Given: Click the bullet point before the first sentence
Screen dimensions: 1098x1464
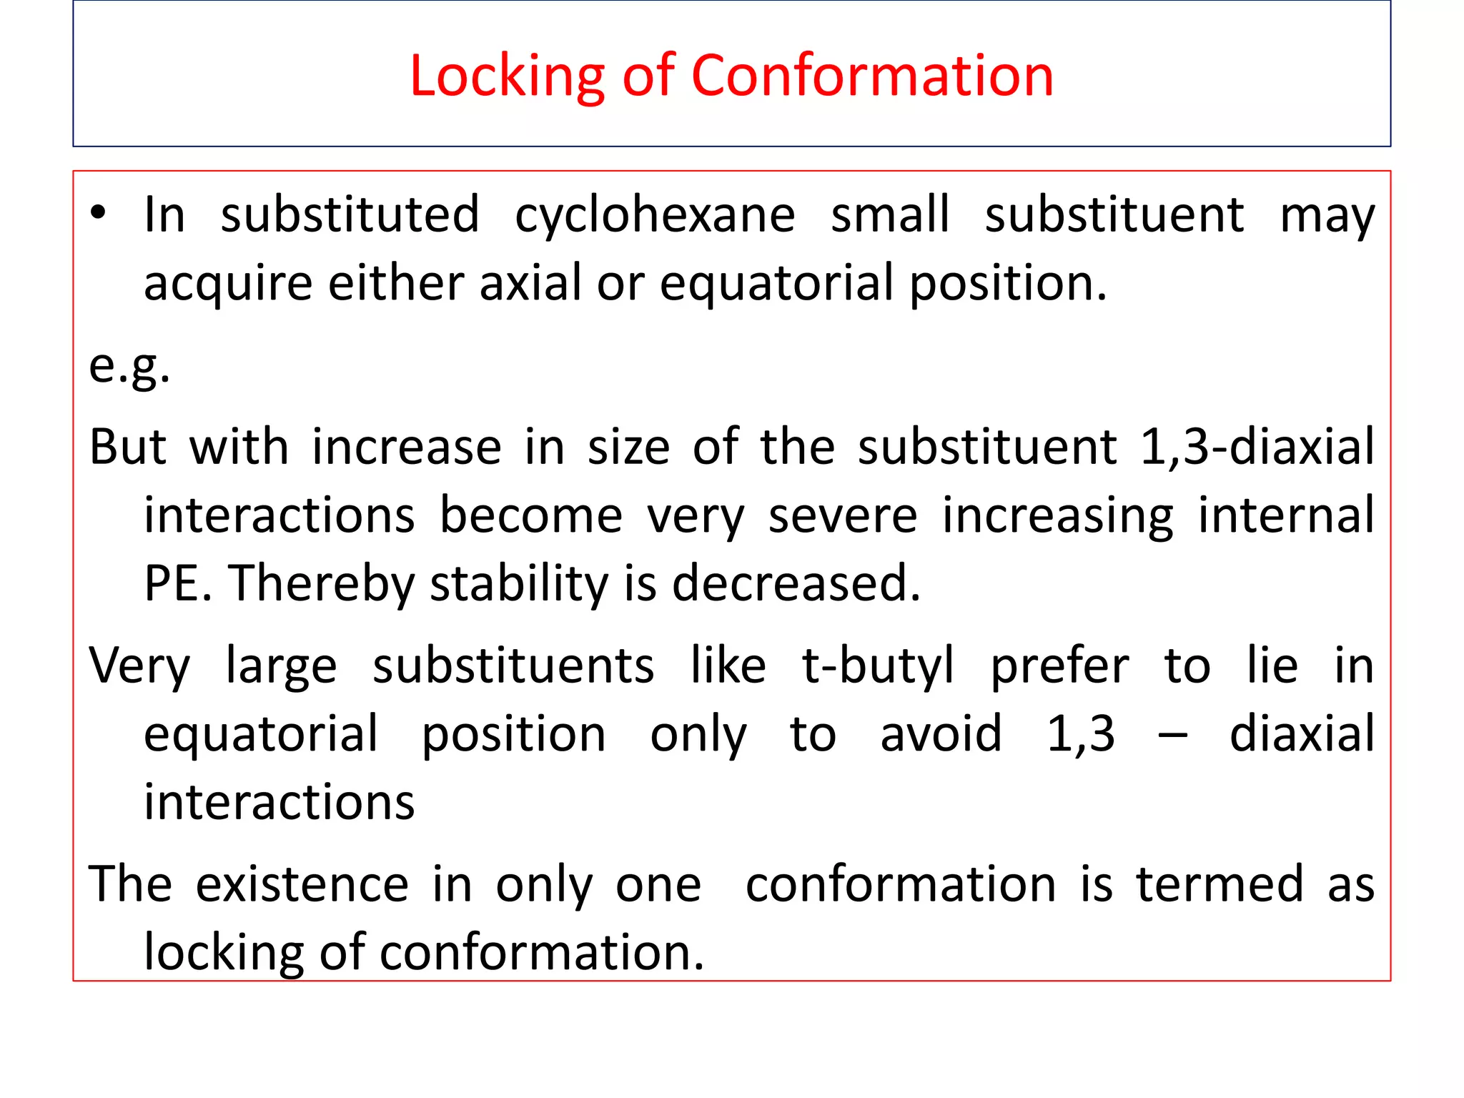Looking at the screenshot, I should [x=98, y=213].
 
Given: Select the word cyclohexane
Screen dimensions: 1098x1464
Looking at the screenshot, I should [x=655, y=214].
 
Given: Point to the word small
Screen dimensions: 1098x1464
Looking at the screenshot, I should [x=890, y=214].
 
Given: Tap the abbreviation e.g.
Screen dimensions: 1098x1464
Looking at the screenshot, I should [x=129, y=367].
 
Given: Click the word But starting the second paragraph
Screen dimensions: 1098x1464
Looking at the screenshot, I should [x=127, y=447].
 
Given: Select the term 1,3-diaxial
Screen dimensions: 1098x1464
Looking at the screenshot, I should [x=1256, y=447].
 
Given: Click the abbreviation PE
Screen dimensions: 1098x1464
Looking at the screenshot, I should [x=177, y=583].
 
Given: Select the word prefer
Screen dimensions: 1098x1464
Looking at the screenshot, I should [x=1059, y=666].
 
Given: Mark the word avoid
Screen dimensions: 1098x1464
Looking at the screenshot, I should [x=941, y=734].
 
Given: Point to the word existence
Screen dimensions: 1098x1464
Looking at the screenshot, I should [x=302, y=884].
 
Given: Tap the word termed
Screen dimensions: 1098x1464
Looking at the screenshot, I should [x=1220, y=884].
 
